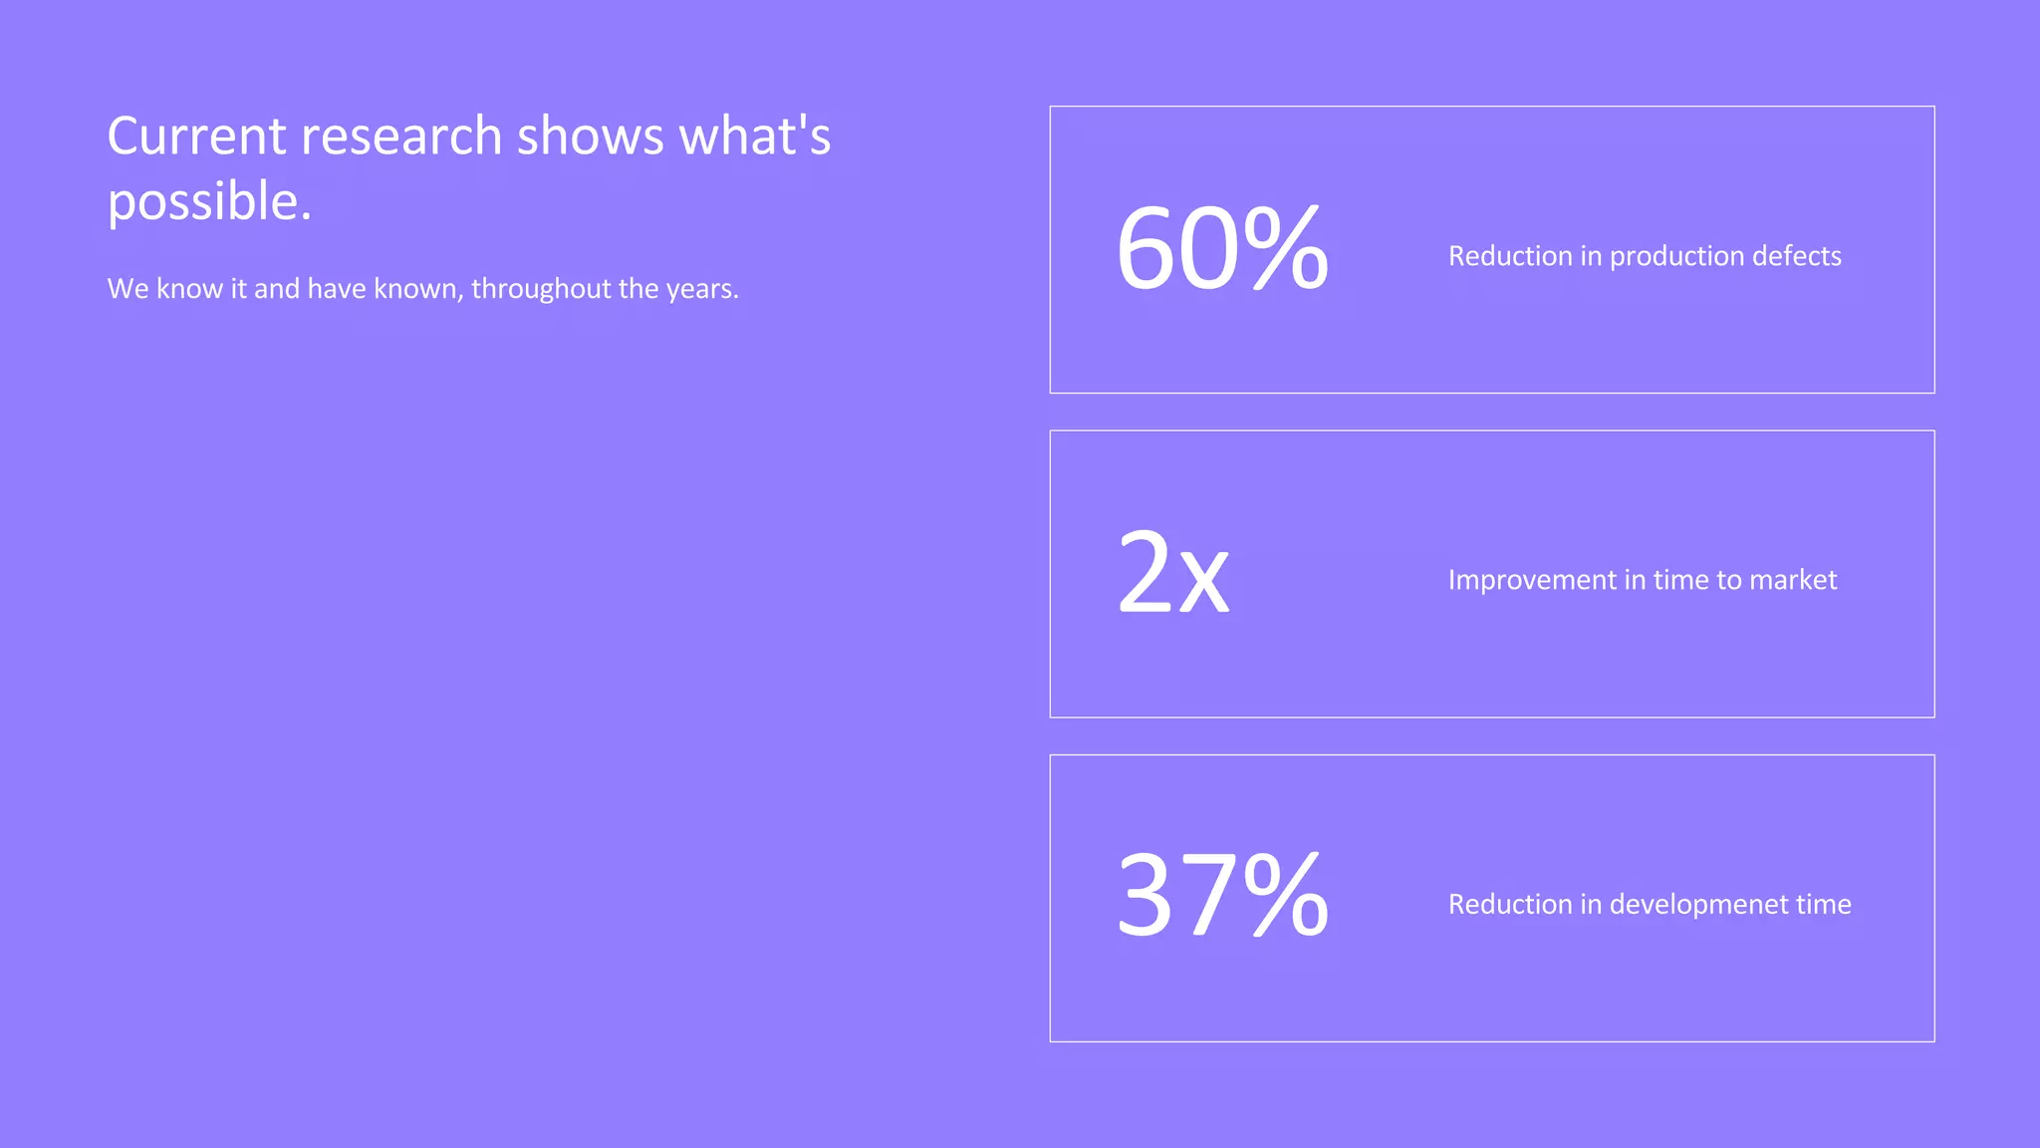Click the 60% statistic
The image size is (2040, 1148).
pos(1221,248)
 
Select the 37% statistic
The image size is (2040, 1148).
pos(1221,896)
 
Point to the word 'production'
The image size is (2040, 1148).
pos(1673,257)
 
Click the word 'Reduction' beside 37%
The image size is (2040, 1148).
pos(1510,904)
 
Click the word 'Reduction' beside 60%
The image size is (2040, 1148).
pos(1510,256)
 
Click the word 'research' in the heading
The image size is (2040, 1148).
pos(401,137)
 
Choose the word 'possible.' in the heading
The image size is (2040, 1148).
pos(209,203)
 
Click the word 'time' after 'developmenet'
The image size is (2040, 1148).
pos(1823,904)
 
